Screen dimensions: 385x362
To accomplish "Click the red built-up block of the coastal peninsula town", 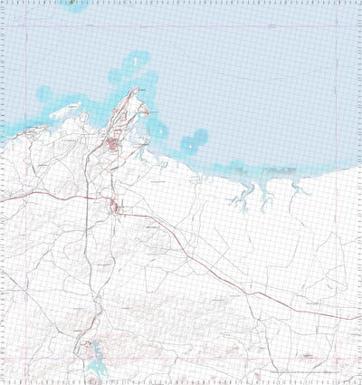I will pyautogui.click(x=110, y=144).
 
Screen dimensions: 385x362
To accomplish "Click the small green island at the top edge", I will pyautogui.click(x=73, y=3).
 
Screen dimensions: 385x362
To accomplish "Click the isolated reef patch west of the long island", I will pyautogui.click(x=43, y=91).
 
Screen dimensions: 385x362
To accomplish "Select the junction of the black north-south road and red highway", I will pyautogui.click(x=88, y=197).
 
